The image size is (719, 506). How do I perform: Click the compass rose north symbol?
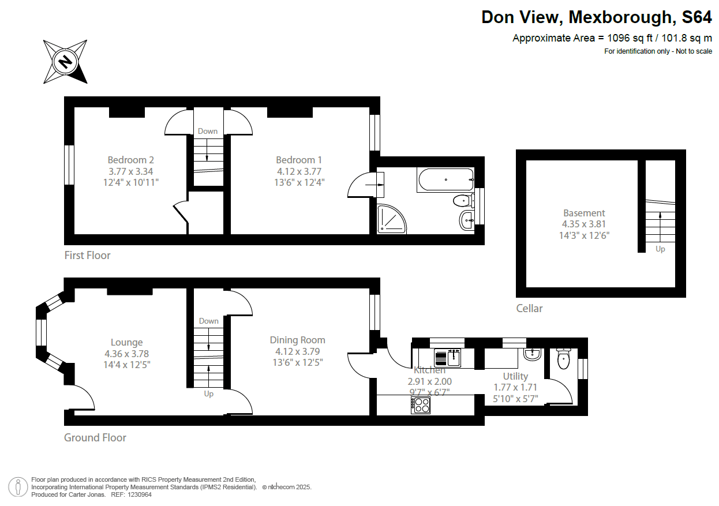click(x=65, y=61)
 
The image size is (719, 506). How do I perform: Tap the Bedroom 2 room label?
click(x=130, y=160)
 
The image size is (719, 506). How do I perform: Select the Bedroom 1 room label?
click(x=298, y=160)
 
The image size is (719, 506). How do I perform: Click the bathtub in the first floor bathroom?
click(x=445, y=179)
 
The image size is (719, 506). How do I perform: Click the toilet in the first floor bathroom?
click(x=462, y=201)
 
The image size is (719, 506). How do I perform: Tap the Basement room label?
click(x=584, y=213)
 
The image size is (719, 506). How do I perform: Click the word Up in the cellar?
click(x=660, y=249)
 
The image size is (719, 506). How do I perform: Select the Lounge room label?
click(x=126, y=342)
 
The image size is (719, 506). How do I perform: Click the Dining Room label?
click(x=298, y=340)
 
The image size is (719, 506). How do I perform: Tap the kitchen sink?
click(x=447, y=358)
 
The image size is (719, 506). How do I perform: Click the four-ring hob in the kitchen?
click(x=421, y=406)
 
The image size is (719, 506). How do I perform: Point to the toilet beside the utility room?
click(x=563, y=360)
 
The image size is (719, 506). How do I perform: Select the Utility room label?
click(x=515, y=376)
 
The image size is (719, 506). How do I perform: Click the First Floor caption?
click(x=87, y=255)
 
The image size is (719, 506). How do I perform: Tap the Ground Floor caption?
click(x=95, y=437)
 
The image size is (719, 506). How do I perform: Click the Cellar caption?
click(x=529, y=308)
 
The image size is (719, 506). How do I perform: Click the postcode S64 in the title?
click(x=696, y=17)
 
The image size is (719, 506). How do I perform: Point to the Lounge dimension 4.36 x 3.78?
click(x=126, y=354)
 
